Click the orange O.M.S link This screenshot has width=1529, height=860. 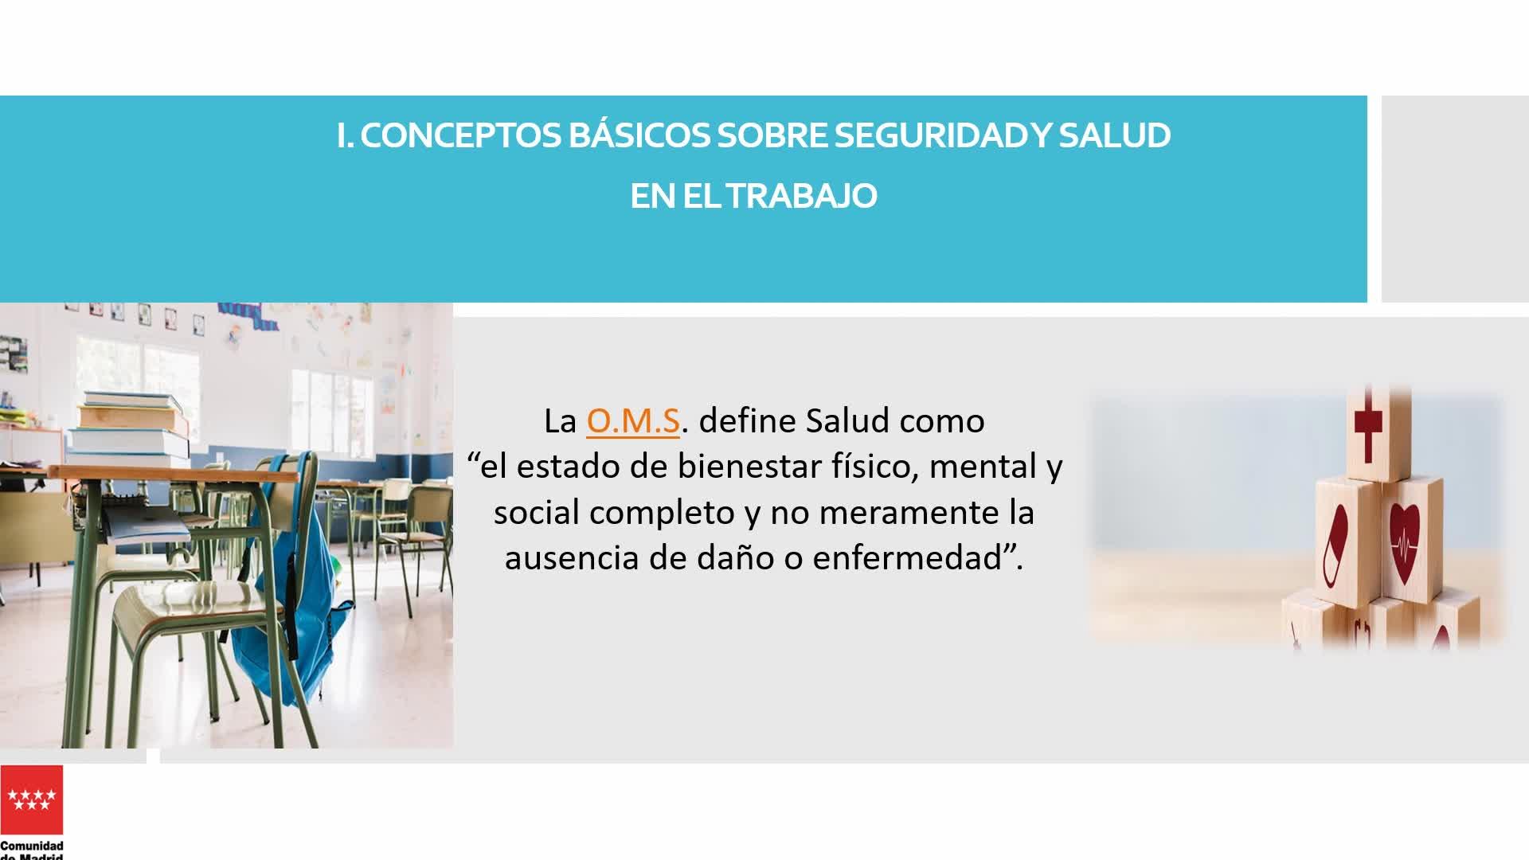(x=633, y=420)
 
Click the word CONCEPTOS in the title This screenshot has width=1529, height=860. (x=460, y=135)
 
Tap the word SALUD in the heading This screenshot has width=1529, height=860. (x=1115, y=135)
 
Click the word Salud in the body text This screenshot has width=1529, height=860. (x=848, y=420)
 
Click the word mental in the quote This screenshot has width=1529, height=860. (x=980, y=466)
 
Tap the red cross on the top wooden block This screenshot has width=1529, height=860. (x=1368, y=429)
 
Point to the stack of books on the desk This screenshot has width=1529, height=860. (x=131, y=430)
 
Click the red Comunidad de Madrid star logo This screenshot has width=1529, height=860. (x=32, y=799)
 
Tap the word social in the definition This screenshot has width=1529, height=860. (x=536, y=512)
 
